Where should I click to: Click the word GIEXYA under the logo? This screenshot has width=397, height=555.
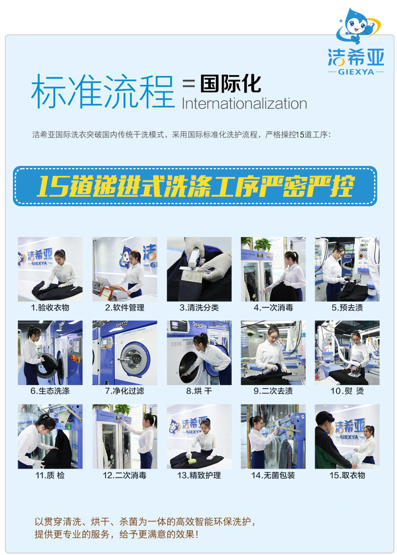coord(356,72)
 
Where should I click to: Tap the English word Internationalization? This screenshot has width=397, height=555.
coord(244,104)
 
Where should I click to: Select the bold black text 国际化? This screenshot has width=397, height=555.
coord(231,83)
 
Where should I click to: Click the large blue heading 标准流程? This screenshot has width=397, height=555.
coord(103,91)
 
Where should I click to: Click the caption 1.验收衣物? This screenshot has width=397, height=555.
coord(50,308)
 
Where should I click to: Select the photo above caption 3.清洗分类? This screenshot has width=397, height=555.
coord(199,269)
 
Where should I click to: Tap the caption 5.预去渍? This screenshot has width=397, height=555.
coord(347,308)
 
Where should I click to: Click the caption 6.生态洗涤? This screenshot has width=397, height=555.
coord(50,391)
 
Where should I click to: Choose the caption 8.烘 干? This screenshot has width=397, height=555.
coord(199,391)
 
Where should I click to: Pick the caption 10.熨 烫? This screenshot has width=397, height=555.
coord(347,391)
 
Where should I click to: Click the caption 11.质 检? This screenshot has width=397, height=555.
coord(50,475)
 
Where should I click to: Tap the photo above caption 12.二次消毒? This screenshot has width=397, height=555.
coord(125,436)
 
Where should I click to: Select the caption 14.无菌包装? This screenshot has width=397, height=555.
coord(273,475)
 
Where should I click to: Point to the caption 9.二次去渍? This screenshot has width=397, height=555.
coord(273,391)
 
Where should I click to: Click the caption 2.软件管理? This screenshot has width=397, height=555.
coord(125,308)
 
